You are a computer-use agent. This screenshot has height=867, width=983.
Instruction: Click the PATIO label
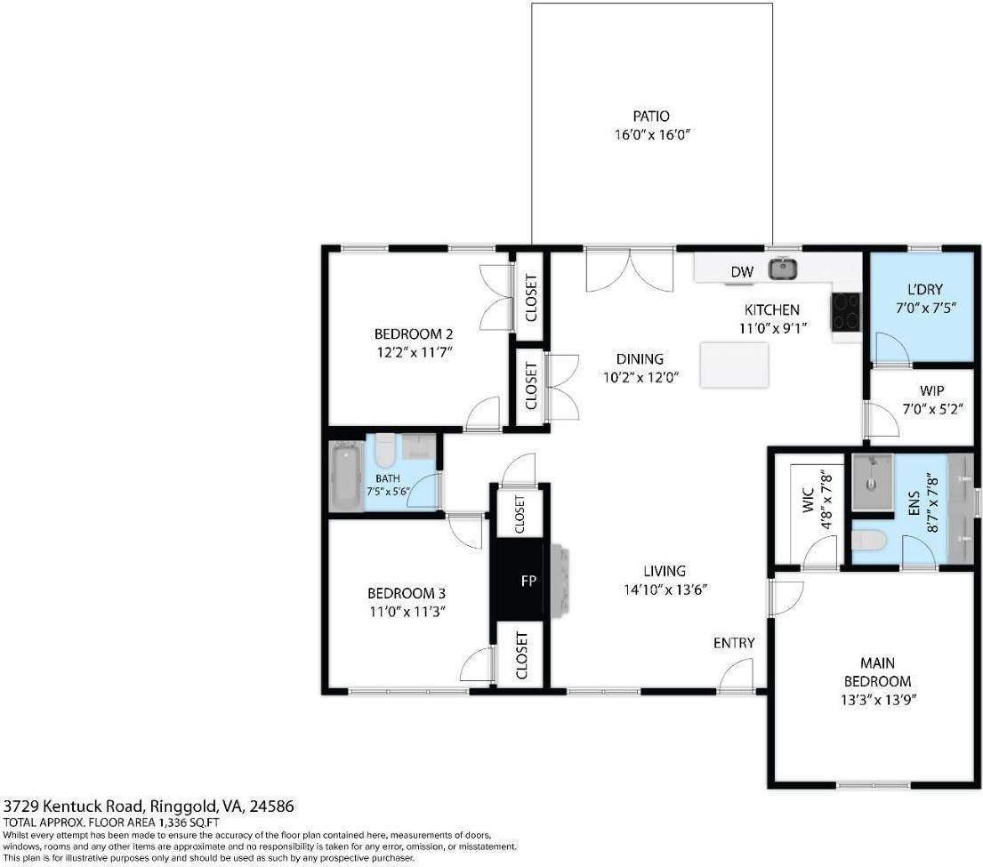tap(650, 116)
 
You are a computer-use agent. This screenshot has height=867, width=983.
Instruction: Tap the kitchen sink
tap(783, 268)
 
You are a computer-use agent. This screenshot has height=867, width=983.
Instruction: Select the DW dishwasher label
tap(742, 271)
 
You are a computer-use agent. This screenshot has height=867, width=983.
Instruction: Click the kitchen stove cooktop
tap(845, 311)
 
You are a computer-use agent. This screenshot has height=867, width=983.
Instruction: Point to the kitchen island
tap(734, 365)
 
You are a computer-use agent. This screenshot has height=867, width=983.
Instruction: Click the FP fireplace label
tap(528, 581)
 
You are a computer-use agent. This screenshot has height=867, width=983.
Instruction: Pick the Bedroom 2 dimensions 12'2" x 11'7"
tap(414, 351)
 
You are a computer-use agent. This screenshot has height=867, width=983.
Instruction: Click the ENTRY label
tap(734, 643)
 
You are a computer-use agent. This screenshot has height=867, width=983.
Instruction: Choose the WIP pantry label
tap(932, 390)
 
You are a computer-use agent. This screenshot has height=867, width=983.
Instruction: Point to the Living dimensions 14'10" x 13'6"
tap(665, 589)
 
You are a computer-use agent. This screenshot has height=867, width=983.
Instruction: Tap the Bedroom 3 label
tap(406, 593)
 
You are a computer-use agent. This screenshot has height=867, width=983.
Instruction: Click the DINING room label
tap(640, 359)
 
